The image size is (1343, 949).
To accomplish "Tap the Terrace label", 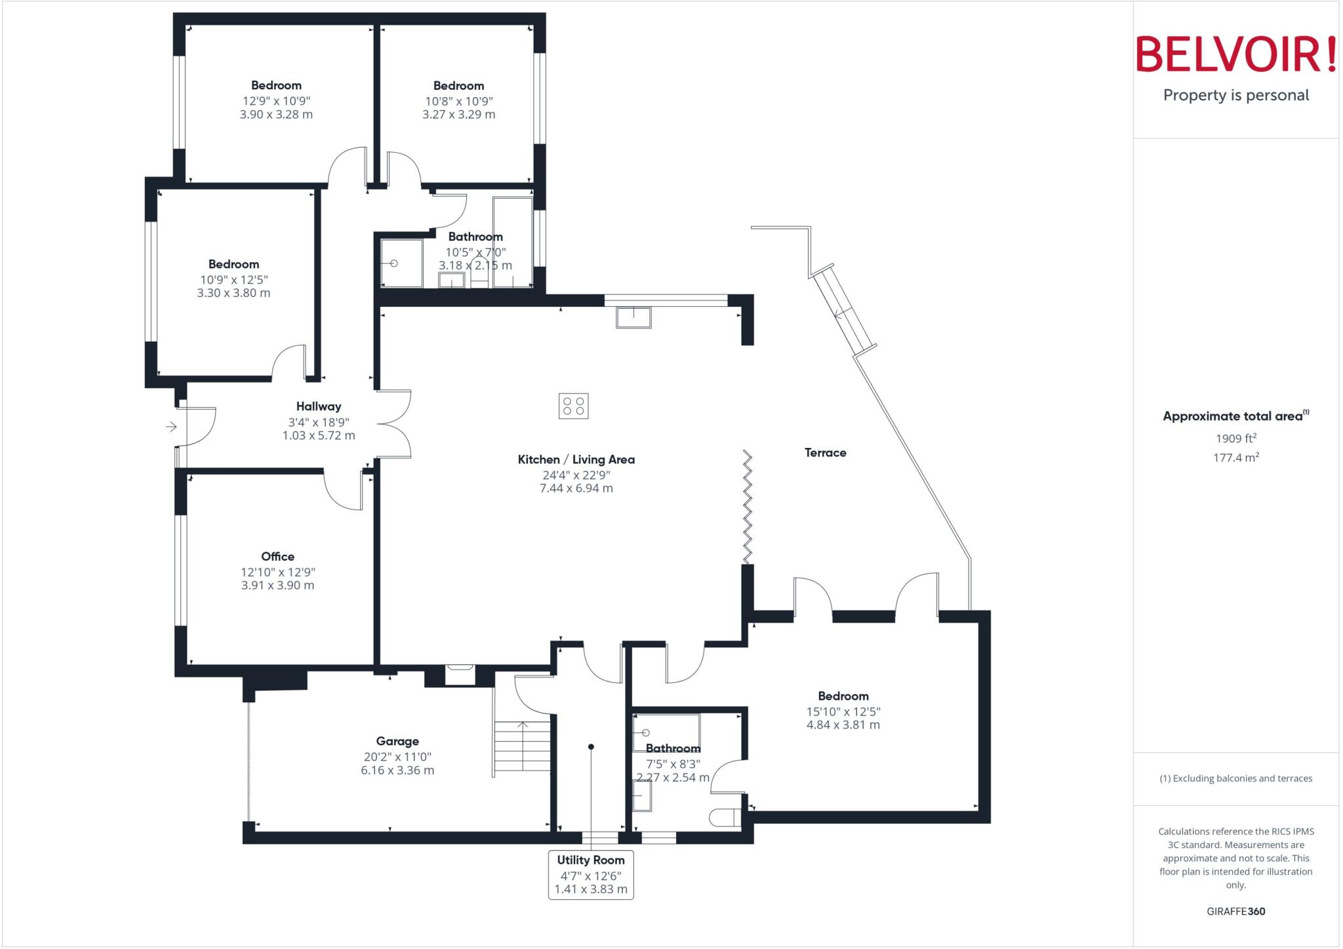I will pos(825,453).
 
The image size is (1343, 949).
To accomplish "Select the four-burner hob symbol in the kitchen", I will pos(574,406).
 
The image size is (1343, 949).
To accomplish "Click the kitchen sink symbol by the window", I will pos(633,317).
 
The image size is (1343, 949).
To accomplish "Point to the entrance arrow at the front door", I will pos(171,427).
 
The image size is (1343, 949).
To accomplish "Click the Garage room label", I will pos(397,741).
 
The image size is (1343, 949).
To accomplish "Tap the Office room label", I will pos(277,556).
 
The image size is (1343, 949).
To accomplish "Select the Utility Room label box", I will pos(591,874).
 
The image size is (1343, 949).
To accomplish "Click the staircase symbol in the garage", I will pos(523,747).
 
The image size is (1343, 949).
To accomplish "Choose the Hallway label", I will pos(318,406).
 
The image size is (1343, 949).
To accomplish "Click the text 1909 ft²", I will pos(1235,439).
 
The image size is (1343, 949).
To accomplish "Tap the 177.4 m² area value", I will pos(1235,458).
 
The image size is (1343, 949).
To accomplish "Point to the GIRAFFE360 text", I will pos(1235,911).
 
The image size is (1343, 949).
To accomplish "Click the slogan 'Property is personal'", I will pos(1235,95).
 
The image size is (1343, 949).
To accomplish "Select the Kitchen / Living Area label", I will pos(576,459).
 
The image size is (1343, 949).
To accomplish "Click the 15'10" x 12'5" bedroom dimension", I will pos(843,712).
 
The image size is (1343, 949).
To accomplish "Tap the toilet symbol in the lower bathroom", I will pos(725,818).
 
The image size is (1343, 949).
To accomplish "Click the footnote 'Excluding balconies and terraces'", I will pos(1235,778).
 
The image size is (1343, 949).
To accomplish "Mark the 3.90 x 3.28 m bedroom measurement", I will pos(276,114).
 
